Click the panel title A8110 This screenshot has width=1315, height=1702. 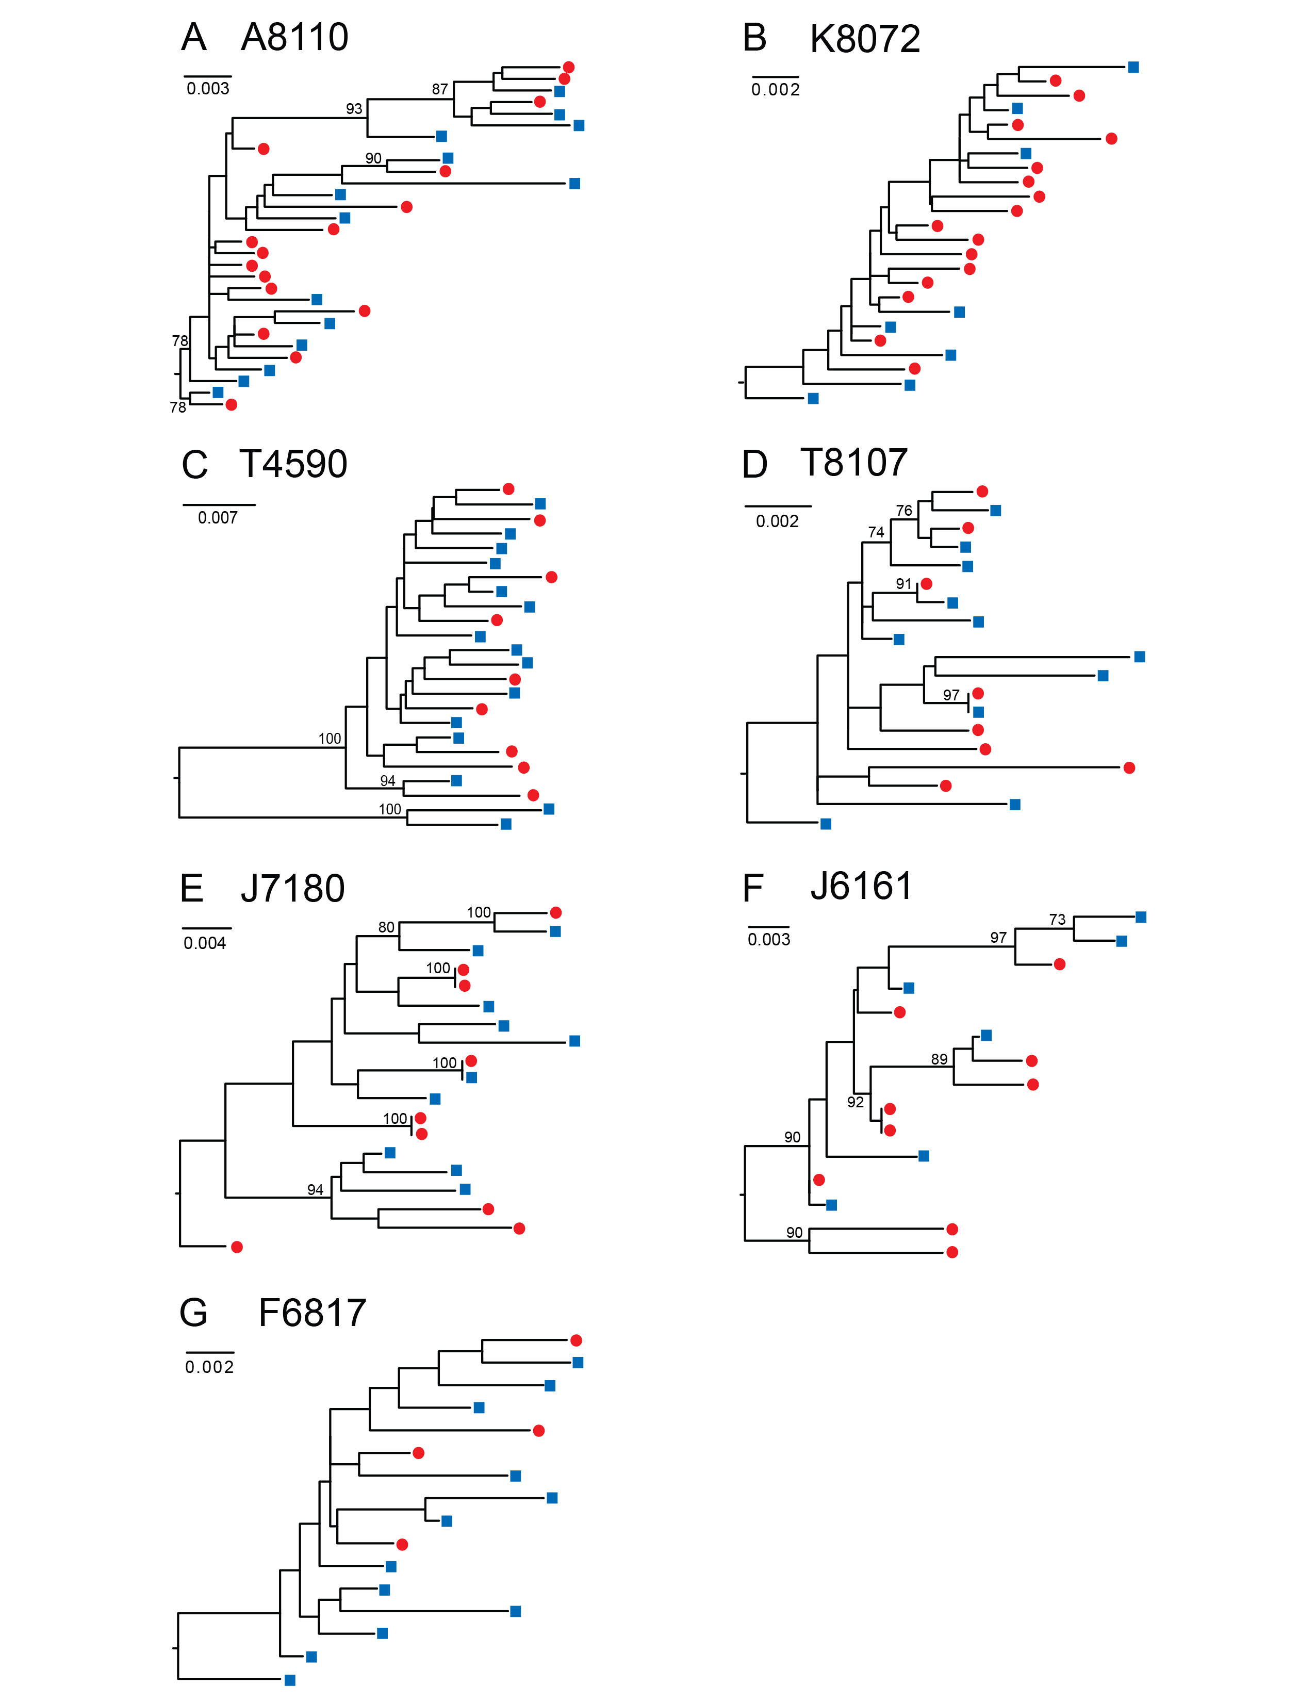coord(294,38)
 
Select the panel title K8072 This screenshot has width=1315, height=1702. coord(865,39)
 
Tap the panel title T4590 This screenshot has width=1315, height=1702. coord(293,465)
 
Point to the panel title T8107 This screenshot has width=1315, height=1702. coord(854,463)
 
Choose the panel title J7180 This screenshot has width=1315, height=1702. coord(292,889)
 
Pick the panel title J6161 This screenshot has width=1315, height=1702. coord(861,886)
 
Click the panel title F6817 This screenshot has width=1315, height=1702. coord(311,1313)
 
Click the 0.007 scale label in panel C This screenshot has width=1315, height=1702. coord(217,517)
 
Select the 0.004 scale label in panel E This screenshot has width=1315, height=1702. coord(205,943)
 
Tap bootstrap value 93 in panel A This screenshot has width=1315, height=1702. coord(354,109)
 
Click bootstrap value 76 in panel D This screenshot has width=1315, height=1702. coord(903,511)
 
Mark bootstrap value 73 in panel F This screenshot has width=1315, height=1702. coord(1057,920)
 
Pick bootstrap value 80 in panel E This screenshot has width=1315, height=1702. coord(386,927)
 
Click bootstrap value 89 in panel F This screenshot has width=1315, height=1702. coord(940,1059)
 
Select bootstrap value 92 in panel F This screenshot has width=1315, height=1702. coord(856,1102)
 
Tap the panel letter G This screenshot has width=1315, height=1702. coord(193,1313)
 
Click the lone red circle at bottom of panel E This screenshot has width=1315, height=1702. coord(237,1247)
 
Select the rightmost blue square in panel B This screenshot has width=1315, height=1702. coord(1133,67)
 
